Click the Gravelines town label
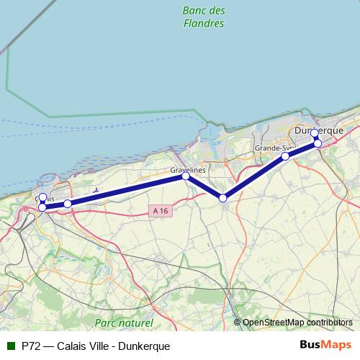tap(188, 169)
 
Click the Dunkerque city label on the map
tap(320, 131)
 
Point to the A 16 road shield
tap(161, 210)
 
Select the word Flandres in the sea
tap(204, 23)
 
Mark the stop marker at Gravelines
tap(186, 176)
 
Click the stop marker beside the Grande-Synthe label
tap(285, 156)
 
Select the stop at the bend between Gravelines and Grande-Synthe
tap(223, 198)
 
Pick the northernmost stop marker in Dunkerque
tap(315, 133)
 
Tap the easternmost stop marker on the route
tap(318, 143)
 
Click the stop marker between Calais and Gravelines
tap(68, 204)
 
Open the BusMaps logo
tap(327, 345)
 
